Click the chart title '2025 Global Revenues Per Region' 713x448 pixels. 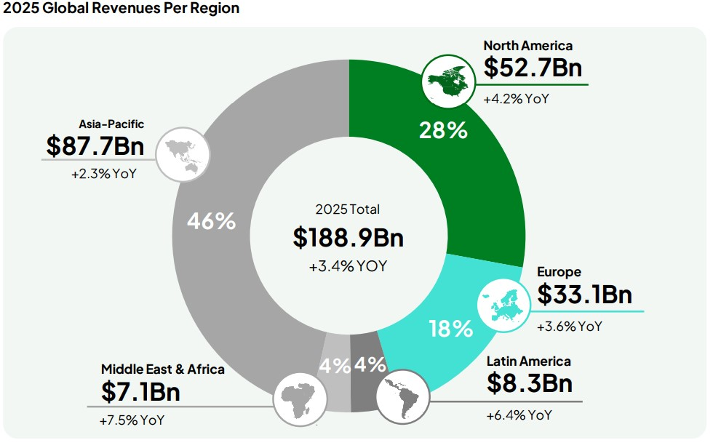(x=122, y=9)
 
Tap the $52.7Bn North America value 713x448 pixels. (x=533, y=68)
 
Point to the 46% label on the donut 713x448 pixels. (x=211, y=221)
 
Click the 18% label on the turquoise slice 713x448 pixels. (x=451, y=329)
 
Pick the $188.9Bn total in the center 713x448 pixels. (x=348, y=237)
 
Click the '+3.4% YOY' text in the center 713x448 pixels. (x=348, y=266)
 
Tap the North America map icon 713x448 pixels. (x=445, y=79)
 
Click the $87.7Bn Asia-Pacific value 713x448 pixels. (x=95, y=146)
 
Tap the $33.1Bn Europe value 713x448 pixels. (x=585, y=295)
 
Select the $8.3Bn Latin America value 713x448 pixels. (x=529, y=383)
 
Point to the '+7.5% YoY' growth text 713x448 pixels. (x=132, y=420)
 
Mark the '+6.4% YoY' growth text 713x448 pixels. (x=519, y=415)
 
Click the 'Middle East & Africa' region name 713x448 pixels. (x=163, y=369)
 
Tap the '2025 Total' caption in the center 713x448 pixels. (x=348, y=209)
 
